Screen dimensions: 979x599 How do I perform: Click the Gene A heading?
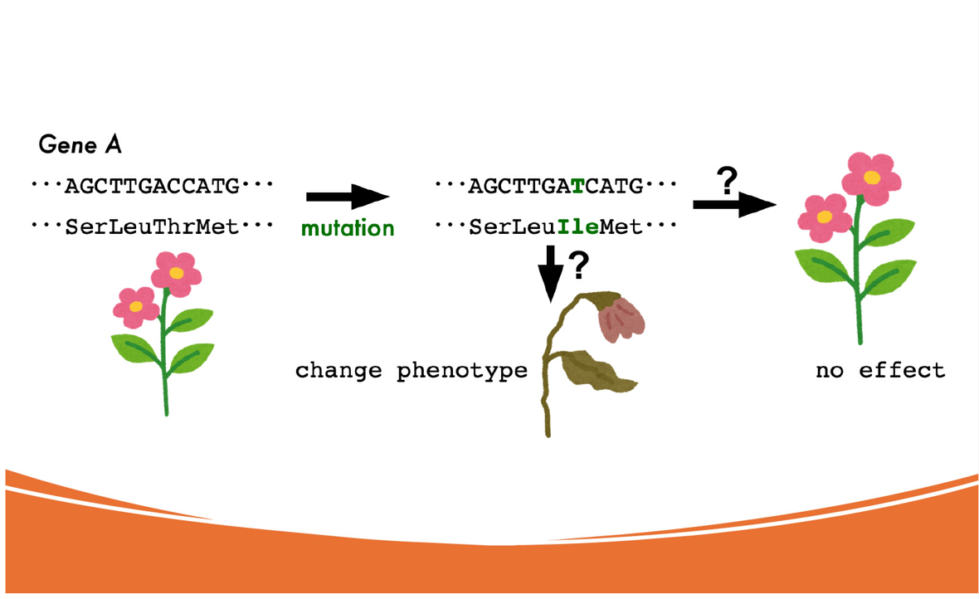[x=80, y=144]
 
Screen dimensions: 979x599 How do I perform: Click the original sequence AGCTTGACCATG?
[x=153, y=186]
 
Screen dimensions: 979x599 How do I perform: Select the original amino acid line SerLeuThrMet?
[x=152, y=226]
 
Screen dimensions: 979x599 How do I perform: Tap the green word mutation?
[x=348, y=228]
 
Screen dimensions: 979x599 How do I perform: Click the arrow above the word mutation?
[x=348, y=196]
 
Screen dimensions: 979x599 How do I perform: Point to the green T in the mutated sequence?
[x=577, y=186]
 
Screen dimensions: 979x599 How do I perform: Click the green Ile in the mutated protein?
[x=577, y=226]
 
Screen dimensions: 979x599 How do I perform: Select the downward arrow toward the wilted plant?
[x=550, y=274]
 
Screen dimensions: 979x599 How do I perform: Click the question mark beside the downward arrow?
[x=579, y=265]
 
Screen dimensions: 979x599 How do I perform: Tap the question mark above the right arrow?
[x=728, y=181]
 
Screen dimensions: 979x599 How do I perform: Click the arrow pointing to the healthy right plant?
[x=734, y=204]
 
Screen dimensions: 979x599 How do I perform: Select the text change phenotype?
[x=412, y=371]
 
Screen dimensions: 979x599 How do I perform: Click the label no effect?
[x=880, y=370]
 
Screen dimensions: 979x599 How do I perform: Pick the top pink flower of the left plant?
[x=176, y=274]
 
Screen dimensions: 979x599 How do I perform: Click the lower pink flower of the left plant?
[x=135, y=307]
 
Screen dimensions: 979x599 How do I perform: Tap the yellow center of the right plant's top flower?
[x=872, y=178]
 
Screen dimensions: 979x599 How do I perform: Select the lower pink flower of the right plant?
[x=824, y=217]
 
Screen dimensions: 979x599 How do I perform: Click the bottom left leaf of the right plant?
[x=823, y=266]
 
